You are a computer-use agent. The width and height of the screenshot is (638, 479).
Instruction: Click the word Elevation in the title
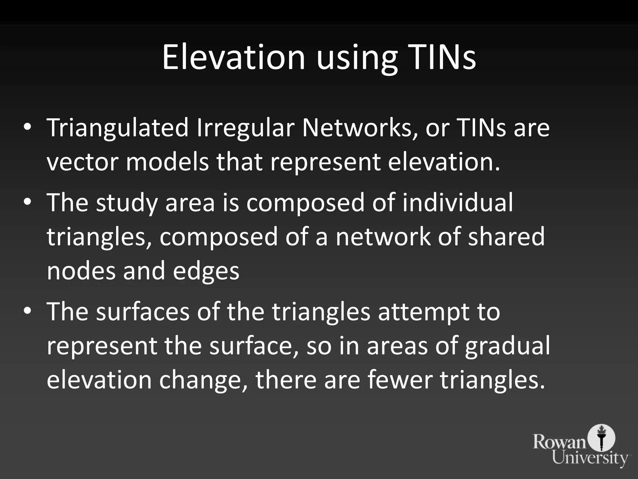click(233, 57)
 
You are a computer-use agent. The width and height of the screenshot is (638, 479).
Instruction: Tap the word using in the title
click(357, 59)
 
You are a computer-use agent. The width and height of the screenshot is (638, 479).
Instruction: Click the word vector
click(83, 162)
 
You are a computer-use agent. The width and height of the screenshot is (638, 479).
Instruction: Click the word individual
click(457, 203)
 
